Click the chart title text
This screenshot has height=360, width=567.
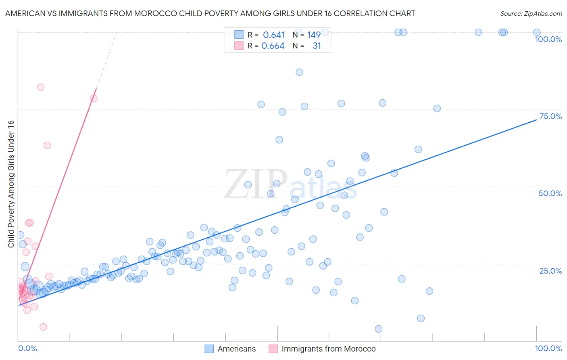(x=210, y=13)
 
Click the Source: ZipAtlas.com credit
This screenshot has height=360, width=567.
(x=531, y=13)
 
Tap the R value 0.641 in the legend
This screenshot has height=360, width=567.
(x=274, y=35)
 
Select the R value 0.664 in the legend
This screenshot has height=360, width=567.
(x=273, y=46)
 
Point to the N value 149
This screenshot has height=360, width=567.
(x=314, y=35)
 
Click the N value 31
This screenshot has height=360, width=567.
(x=317, y=46)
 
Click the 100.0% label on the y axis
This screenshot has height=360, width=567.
(x=548, y=39)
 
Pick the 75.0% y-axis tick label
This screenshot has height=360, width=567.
(x=550, y=116)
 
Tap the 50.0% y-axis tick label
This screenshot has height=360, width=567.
(x=550, y=193)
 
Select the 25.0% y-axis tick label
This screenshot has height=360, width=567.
(x=550, y=271)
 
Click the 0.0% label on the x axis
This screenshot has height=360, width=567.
(x=27, y=348)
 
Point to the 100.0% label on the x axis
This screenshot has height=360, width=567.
(x=548, y=348)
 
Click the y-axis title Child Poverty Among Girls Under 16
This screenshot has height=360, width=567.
(x=11, y=184)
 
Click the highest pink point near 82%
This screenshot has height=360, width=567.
(x=41, y=87)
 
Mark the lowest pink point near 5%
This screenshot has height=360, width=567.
(x=43, y=327)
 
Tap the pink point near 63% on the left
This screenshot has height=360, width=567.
(x=47, y=145)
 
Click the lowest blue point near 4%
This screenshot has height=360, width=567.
(x=379, y=329)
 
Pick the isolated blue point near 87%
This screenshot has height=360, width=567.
(x=299, y=72)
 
